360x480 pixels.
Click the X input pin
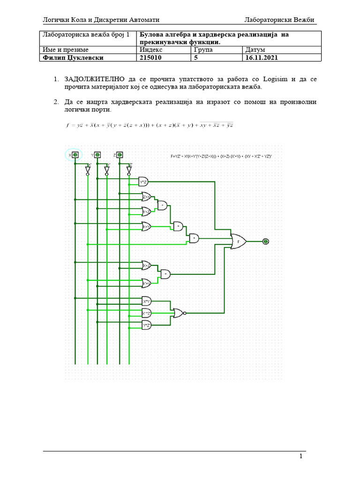point(75,155)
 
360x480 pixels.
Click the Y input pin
point(97,155)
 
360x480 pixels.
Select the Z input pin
point(120,155)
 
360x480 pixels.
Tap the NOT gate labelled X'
point(88,170)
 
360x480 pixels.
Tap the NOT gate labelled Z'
point(129,170)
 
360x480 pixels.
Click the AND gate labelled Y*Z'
point(143,181)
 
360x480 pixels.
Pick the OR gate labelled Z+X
point(146,197)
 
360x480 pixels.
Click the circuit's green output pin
point(266,241)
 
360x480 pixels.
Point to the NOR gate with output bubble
point(179,313)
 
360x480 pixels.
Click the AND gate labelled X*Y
point(147,300)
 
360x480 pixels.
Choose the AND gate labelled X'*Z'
point(147,313)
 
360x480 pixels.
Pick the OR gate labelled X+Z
point(146,265)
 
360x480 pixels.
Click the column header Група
point(202,49)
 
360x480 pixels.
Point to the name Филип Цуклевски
point(72,58)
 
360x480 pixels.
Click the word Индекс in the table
point(151,49)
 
